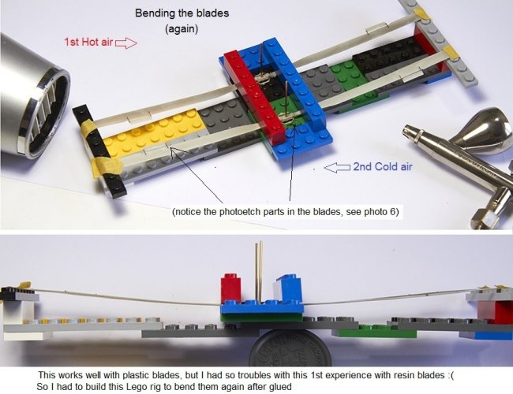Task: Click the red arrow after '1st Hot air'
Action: tap(126, 43)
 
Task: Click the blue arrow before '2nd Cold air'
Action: tap(338, 167)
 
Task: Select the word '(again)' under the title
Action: tap(182, 29)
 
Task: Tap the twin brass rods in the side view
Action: tap(259, 272)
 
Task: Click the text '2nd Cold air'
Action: tap(383, 167)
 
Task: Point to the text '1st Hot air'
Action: tap(88, 42)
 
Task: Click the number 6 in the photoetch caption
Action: tap(392, 212)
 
